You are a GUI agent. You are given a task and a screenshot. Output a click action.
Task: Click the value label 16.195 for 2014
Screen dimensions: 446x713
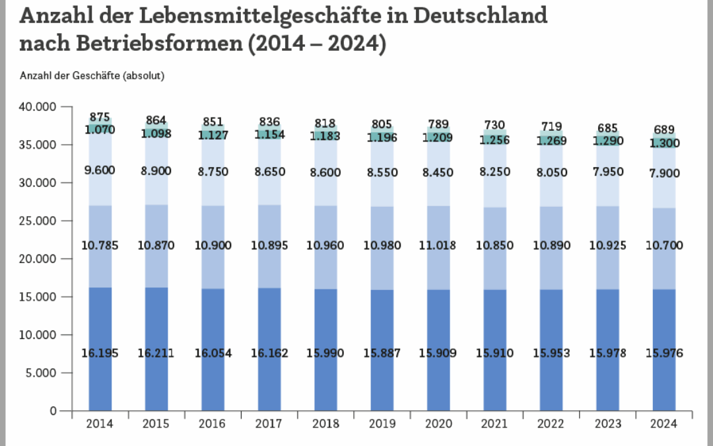click(99, 354)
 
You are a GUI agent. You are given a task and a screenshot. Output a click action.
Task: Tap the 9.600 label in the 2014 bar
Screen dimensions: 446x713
click(99, 170)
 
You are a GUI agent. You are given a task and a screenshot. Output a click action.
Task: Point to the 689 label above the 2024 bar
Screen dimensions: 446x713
click(664, 130)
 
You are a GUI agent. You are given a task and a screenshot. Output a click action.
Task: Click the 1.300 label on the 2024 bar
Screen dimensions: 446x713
click(664, 143)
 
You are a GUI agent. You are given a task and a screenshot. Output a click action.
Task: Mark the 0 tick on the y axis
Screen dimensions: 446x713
click(53, 411)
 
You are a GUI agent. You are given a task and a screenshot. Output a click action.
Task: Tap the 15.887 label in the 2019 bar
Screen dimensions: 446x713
click(382, 354)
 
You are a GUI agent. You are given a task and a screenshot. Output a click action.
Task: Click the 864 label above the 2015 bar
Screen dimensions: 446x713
click(156, 120)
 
